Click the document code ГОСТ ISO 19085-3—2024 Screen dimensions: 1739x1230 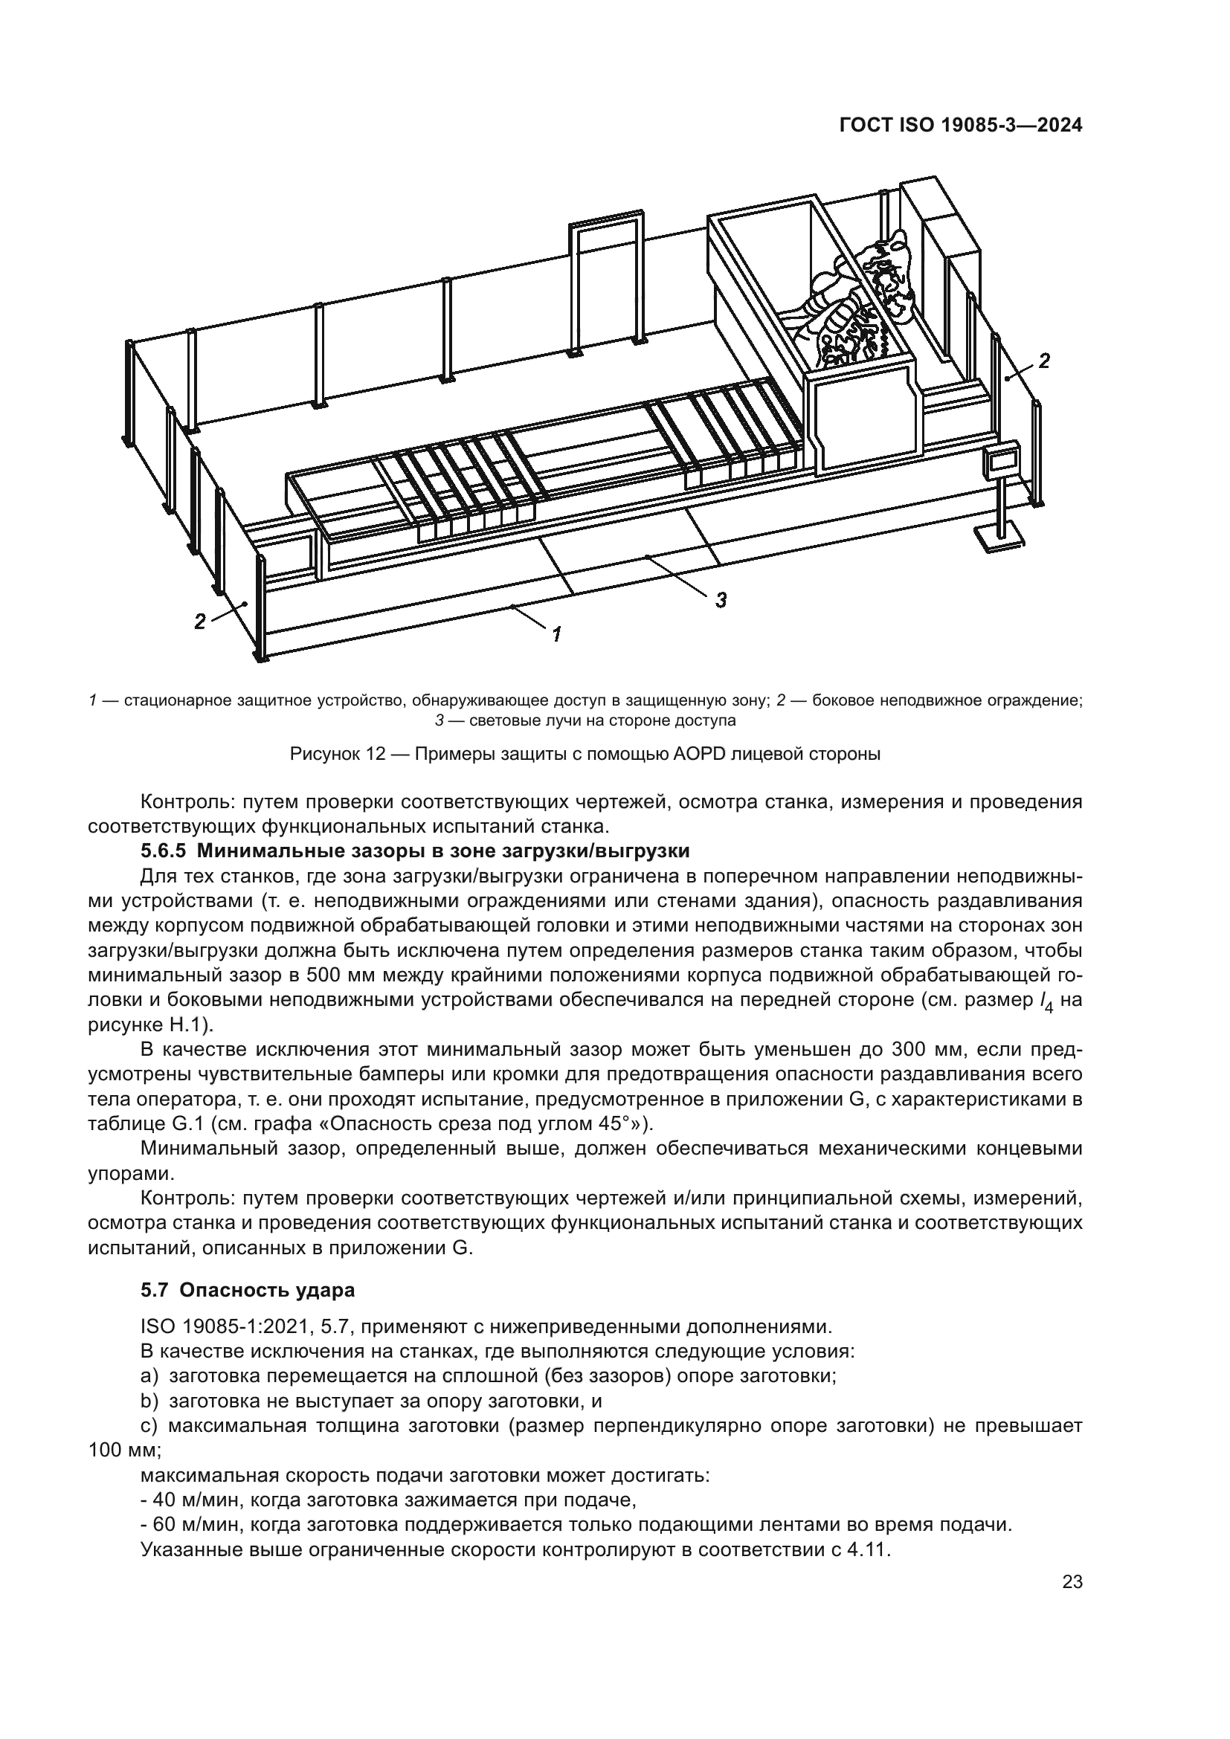tap(960, 126)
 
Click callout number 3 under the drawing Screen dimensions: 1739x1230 tap(721, 600)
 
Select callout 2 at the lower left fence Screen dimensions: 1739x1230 tap(200, 621)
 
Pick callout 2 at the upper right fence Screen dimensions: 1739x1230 tap(1043, 361)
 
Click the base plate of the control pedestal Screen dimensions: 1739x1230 tap(998, 539)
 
